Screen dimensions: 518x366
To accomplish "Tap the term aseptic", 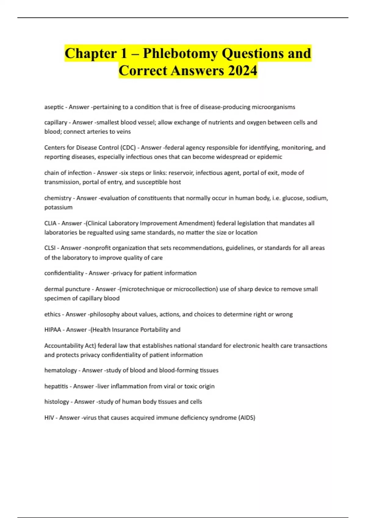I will (54, 107).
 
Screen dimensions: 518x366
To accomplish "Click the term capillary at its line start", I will (56, 122).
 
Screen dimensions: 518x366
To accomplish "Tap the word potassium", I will (58, 208).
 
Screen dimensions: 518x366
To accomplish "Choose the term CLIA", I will (50, 223).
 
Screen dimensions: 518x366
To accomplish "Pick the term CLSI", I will (50, 248).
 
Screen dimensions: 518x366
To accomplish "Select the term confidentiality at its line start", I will (64, 273).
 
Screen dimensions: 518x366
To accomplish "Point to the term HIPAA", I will (52, 330).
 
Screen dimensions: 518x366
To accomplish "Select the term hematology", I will (60, 371).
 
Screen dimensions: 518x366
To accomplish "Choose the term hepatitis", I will (56, 386).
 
